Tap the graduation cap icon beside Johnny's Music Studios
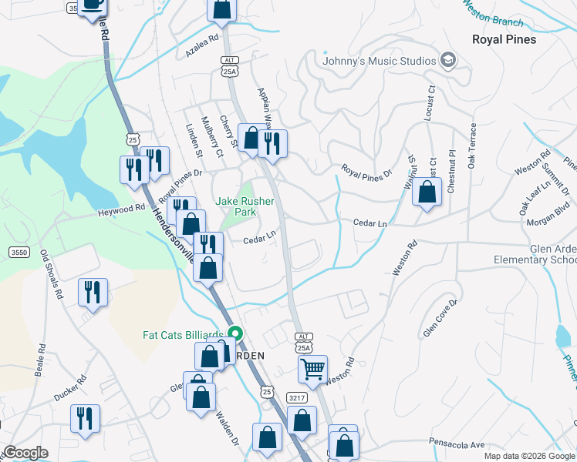447,60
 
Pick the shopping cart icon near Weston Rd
312,370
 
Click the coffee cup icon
93,5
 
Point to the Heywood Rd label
121,208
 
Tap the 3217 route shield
298,398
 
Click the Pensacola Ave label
457,444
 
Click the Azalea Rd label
202,47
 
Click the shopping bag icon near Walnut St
427,192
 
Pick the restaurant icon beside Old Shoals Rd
93,292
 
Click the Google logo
25,453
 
